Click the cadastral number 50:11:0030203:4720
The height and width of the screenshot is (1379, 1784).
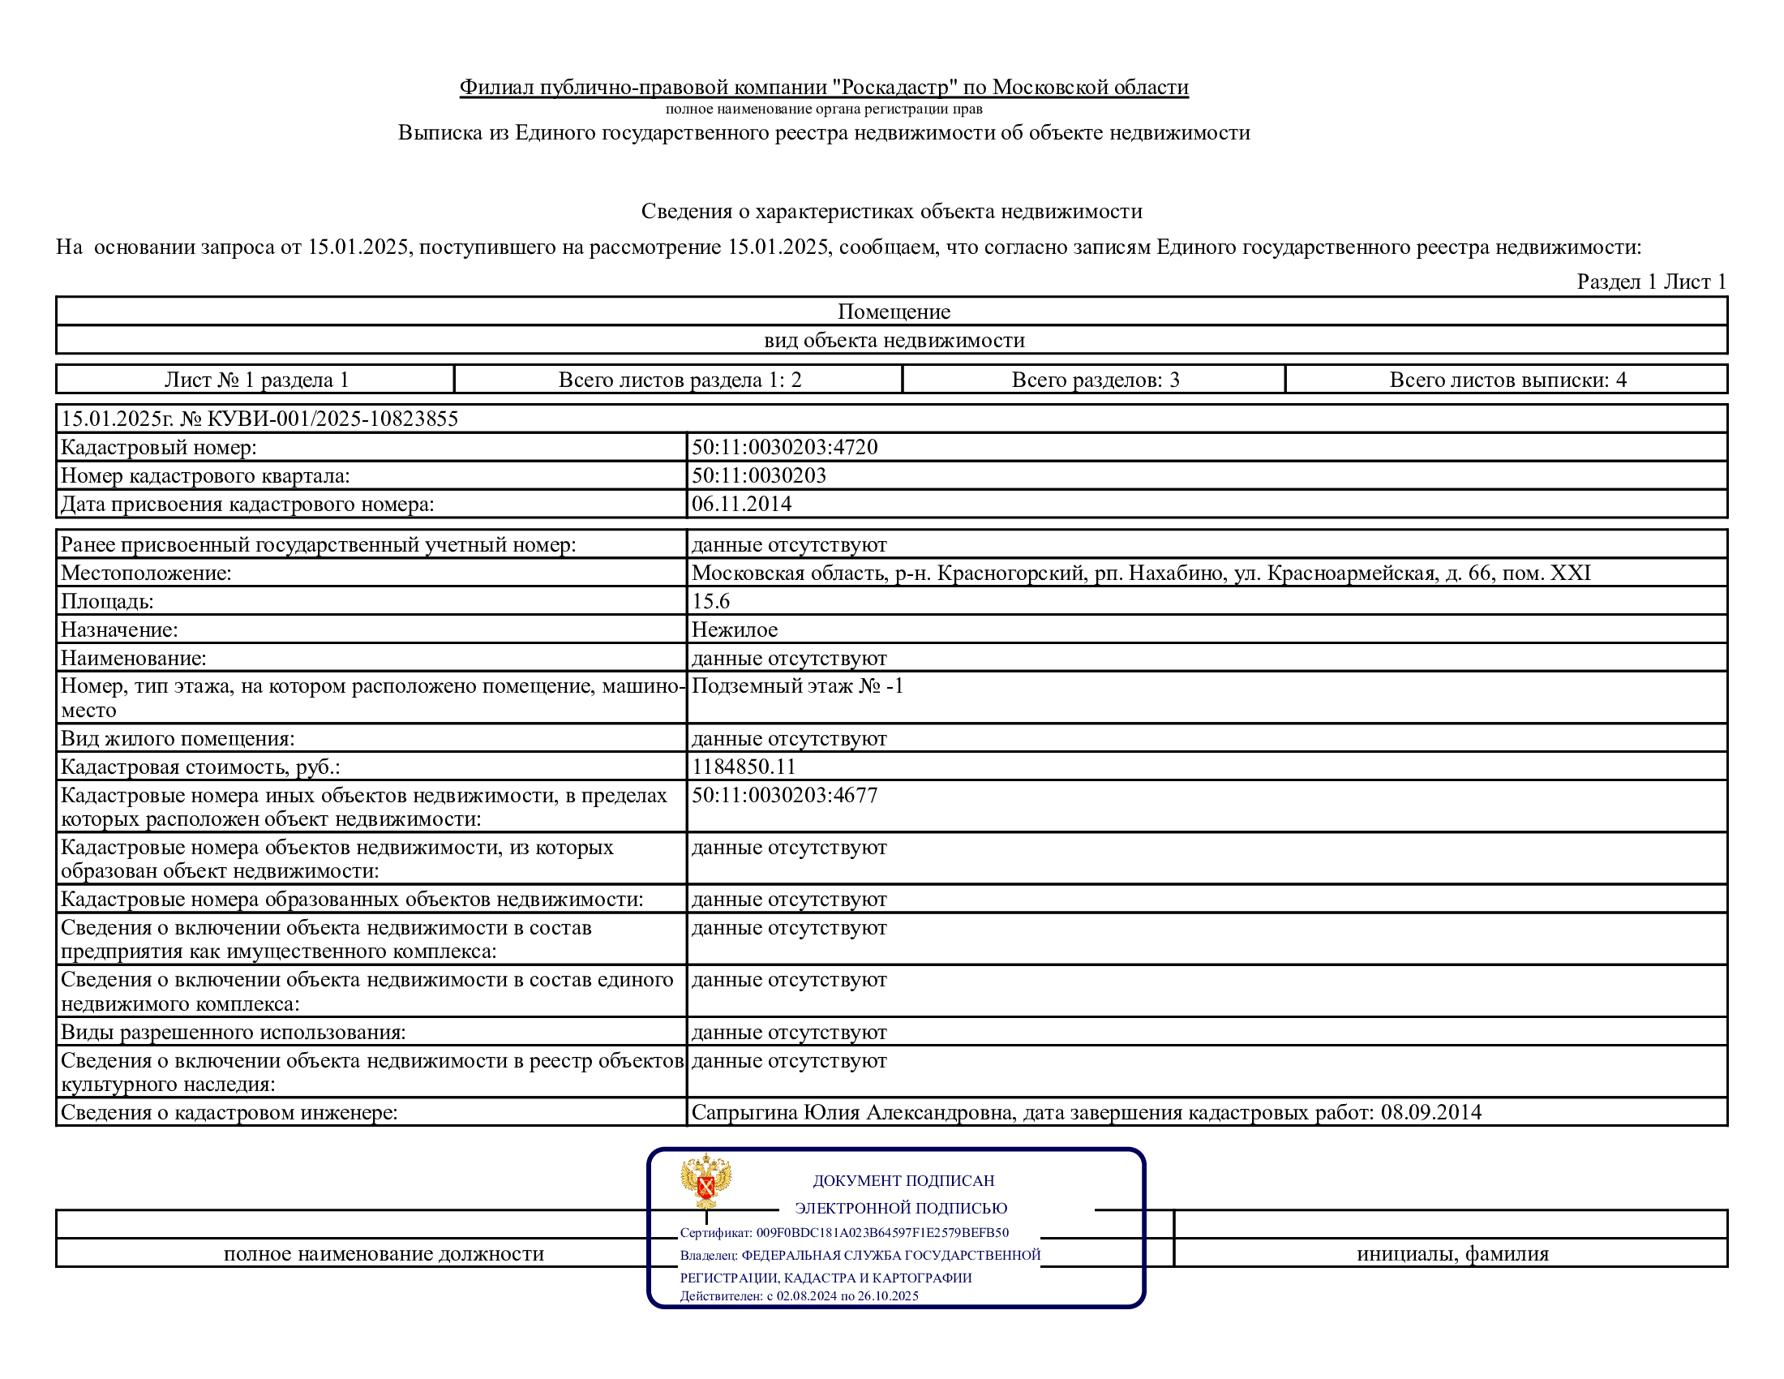click(x=784, y=447)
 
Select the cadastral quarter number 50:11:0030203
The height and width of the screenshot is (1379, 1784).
click(x=759, y=475)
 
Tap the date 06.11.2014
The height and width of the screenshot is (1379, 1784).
click(x=741, y=503)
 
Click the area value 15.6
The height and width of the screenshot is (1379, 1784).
click(x=710, y=601)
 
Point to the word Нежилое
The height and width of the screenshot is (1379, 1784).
click(x=735, y=629)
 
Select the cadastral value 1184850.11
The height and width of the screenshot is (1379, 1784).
click(x=744, y=767)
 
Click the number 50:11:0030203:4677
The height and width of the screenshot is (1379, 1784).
click(x=784, y=795)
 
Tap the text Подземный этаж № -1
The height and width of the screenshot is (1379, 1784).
click(x=797, y=685)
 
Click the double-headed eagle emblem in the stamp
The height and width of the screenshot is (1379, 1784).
click(x=705, y=1179)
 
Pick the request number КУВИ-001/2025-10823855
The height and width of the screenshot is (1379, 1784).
click(x=331, y=419)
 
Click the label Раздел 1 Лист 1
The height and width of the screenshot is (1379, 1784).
click(x=1651, y=281)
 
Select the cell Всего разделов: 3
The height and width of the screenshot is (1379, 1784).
click(x=1095, y=380)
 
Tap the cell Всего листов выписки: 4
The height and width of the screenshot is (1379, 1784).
click(x=1507, y=380)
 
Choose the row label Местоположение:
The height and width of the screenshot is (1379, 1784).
click(x=146, y=573)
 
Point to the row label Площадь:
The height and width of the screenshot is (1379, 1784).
click(x=107, y=601)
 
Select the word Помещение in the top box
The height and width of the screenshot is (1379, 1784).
click(x=894, y=311)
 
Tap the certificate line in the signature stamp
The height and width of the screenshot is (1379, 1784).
click(x=844, y=1233)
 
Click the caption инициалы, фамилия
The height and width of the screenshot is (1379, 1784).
click(x=1452, y=1253)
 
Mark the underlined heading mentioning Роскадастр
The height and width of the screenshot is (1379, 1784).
click(x=823, y=87)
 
